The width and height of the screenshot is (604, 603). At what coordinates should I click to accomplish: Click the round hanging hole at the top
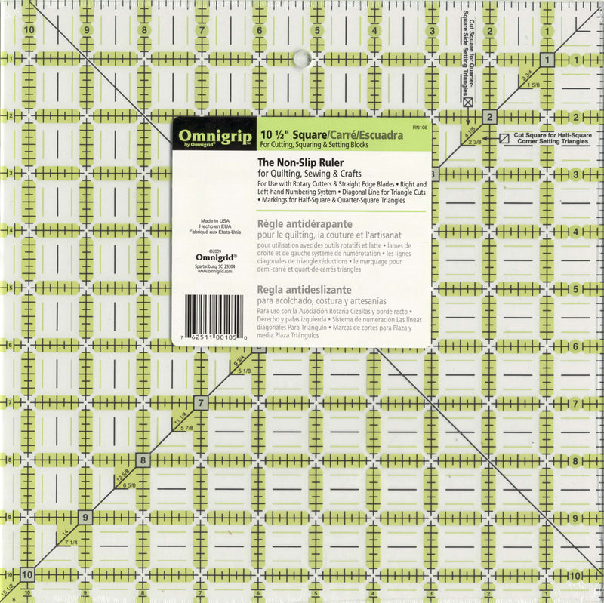[x=300, y=57]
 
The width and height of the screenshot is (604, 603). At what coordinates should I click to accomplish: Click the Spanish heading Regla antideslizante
[x=307, y=289]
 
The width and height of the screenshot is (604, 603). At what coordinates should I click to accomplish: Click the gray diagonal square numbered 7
[x=202, y=402]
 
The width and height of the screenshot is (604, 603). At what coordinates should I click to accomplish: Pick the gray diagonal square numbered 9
[x=86, y=518]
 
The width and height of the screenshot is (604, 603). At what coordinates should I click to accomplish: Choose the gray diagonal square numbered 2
[x=489, y=117]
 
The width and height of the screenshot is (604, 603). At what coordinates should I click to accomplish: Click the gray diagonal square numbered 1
[x=547, y=60]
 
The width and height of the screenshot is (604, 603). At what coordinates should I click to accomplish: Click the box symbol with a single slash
[x=504, y=138]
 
